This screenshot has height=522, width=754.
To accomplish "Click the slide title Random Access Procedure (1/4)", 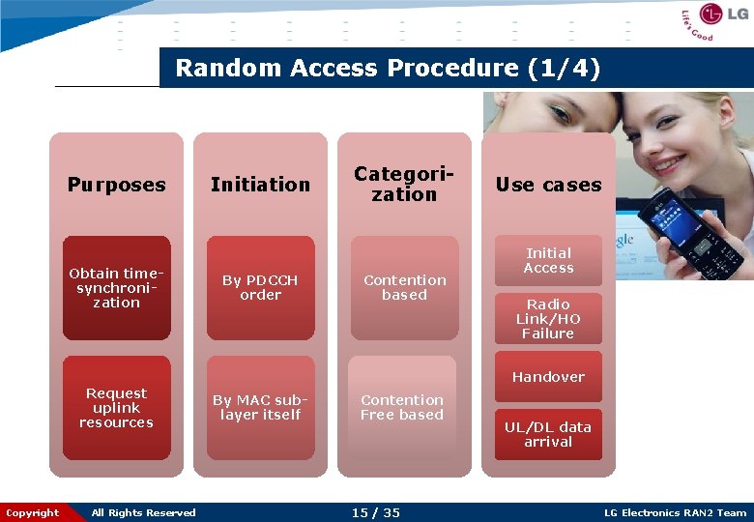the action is click(388, 69).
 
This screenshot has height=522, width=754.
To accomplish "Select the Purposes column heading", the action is click(116, 184).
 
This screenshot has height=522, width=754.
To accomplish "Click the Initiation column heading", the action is click(260, 184).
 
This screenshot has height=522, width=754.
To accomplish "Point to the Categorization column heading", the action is click(404, 184).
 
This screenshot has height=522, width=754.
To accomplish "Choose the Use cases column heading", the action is click(548, 184).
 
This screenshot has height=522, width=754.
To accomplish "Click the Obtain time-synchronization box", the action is click(116, 288).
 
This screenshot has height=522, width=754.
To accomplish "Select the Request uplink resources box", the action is click(116, 408).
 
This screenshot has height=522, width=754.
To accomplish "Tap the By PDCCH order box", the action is click(260, 288).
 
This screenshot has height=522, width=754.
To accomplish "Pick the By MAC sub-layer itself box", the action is click(260, 408).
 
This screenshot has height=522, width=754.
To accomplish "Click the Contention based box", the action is click(404, 288).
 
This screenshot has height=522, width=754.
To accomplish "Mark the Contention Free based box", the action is click(402, 408).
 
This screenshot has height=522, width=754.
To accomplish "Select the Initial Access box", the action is click(548, 261).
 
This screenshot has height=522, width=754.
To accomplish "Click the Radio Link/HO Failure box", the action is click(548, 319).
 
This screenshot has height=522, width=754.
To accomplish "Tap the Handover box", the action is click(548, 377).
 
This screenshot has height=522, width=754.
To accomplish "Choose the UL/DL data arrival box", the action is click(548, 434).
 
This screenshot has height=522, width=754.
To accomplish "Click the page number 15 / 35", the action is click(375, 512).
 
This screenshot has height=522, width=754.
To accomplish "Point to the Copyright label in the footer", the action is click(33, 512).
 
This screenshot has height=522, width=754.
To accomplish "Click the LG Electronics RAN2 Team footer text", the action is click(675, 512).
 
